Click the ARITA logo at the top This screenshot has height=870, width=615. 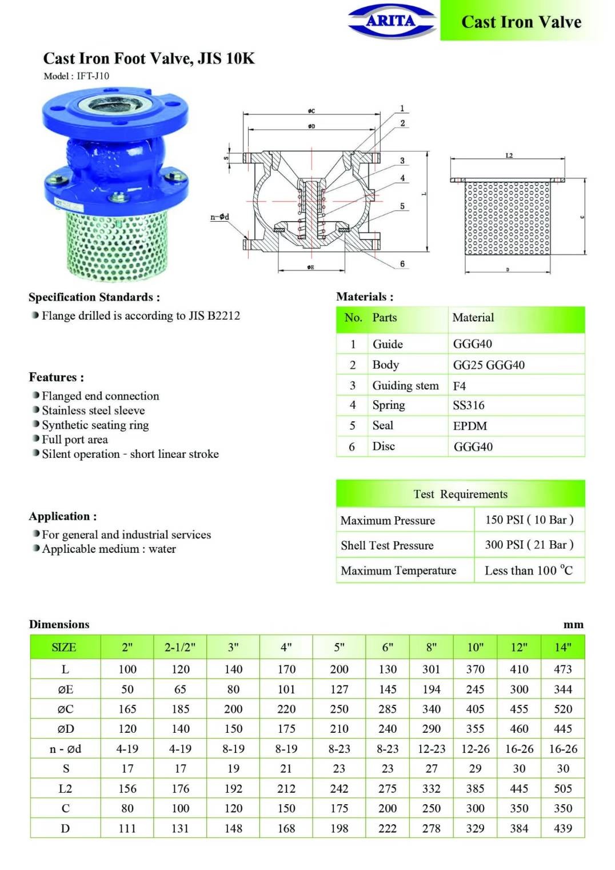click(392, 21)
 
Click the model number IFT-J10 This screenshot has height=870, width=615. click(93, 76)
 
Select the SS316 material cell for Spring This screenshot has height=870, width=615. click(469, 405)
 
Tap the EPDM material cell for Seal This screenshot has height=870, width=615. click(470, 426)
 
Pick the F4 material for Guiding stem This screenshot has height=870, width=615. click(460, 386)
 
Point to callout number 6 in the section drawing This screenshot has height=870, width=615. click(402, 264)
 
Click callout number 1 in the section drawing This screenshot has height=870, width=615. click(402, 109)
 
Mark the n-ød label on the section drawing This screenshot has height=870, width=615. click(219, 217)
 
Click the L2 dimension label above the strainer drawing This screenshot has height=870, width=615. click(509, 155)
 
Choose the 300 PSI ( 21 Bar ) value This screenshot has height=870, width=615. click(529, 545)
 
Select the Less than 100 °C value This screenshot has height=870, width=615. click(528, 570)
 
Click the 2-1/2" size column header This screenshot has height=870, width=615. click(180, 647)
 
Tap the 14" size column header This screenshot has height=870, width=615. click(563, 647)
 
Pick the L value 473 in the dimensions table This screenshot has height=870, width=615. click(563, 669)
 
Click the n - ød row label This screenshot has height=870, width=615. click(65, 749)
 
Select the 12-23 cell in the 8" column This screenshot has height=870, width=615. click(432, 749)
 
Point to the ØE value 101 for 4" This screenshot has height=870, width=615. click(286, 689)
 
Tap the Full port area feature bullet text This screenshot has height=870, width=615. click(75, 440)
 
